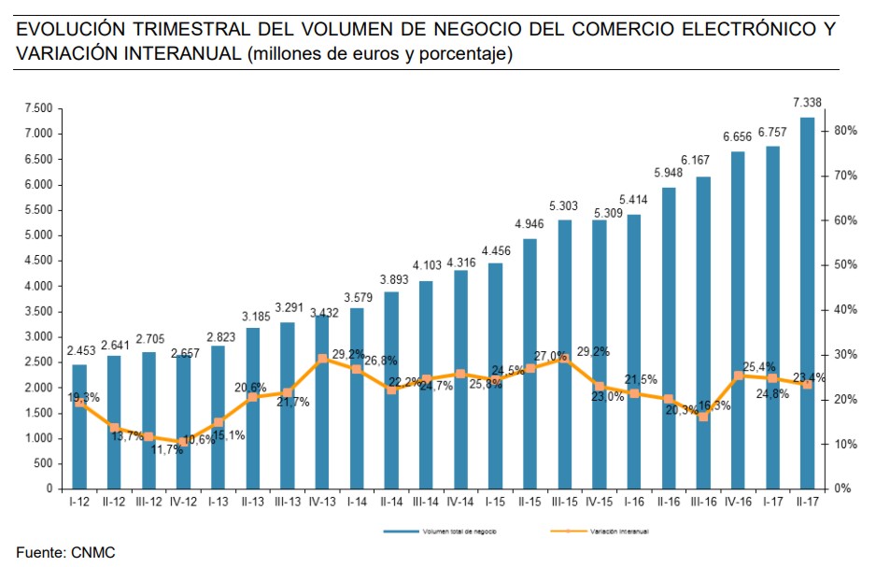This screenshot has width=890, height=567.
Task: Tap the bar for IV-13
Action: (323, 402)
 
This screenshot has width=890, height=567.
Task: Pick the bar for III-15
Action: (565, 354)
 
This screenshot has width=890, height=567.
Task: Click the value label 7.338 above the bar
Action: (808, 103)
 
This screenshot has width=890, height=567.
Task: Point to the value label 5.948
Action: (669, 173)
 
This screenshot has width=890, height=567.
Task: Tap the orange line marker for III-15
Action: (565, 358)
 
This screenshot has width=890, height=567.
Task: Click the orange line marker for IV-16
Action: (739, 376)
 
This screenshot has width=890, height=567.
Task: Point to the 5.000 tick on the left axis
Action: (38, 235)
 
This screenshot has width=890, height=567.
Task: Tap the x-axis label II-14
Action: (392, 502)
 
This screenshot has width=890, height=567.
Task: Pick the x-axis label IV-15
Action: (600, 502)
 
